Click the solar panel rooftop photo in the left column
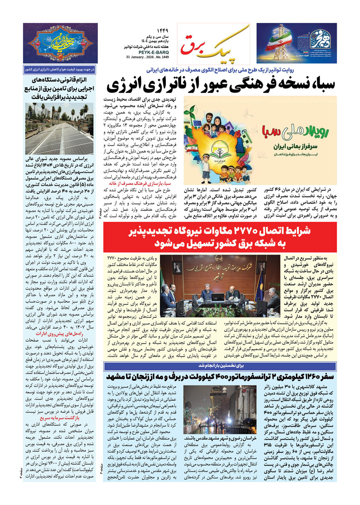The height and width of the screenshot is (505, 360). tap(59, 129)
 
